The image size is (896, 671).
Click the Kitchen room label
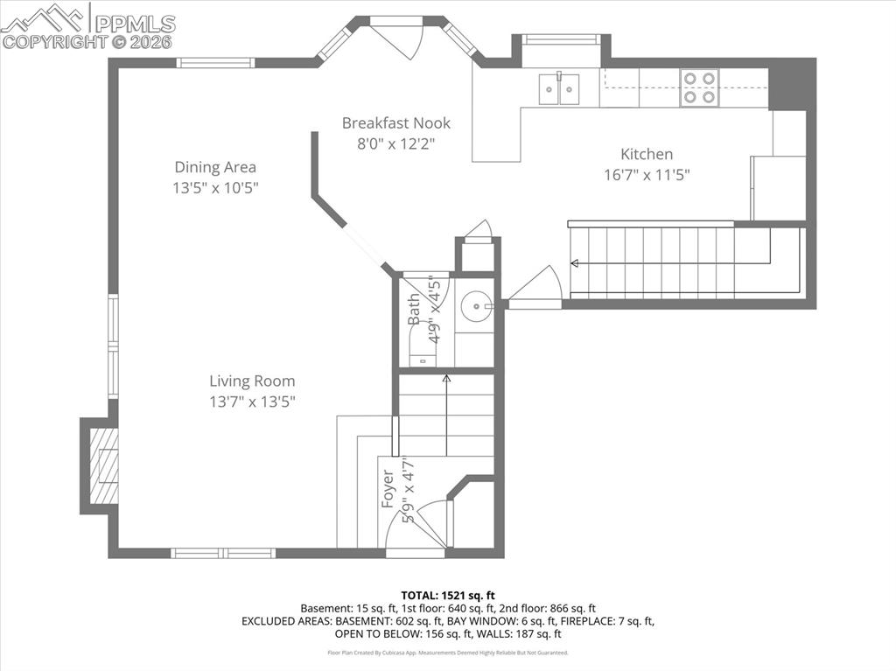click(647, 154)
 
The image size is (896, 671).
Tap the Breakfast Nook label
click(395, 123)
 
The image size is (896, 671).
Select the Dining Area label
click(215, 167)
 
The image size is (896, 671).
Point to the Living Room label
click(252, 381)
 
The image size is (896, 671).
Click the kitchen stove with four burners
click(699, 87)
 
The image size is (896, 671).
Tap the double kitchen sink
click(559, 88)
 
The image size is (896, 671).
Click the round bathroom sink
click(477, 306)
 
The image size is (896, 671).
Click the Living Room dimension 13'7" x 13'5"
click(252, 402)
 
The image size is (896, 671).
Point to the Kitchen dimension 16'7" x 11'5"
click(647, 175)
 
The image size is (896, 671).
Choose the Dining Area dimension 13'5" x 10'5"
click(215, 187)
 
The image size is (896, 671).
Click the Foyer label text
click(388, 490)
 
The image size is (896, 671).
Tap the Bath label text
click(414, 309)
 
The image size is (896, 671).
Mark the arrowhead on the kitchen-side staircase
click(574, 262)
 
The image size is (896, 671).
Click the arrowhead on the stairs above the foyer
click(446, 378)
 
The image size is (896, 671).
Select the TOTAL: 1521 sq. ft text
click(448, 595)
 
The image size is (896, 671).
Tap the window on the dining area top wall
click(215, 62)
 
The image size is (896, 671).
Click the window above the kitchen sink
click(561, 39)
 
